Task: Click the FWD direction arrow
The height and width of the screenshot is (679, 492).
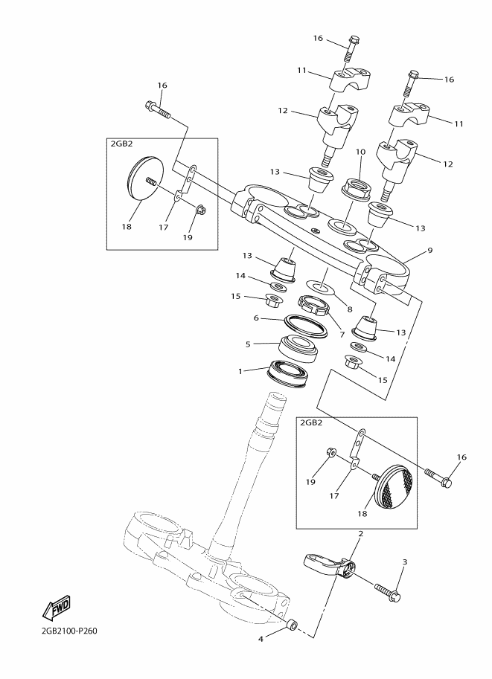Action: click(56, 608)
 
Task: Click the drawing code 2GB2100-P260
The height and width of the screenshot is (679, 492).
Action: click(67, 631)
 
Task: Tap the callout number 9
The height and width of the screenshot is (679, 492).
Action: click(430, 250)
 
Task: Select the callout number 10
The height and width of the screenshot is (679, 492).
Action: click(361, 152)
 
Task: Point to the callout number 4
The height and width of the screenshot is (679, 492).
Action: click(261, 639)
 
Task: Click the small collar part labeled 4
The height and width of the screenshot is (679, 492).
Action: click(293, 625)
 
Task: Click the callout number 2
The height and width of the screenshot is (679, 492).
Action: click(360, 534)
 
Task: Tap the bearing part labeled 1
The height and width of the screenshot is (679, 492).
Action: click(288, 373)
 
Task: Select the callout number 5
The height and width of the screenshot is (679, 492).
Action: click(248, 344)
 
